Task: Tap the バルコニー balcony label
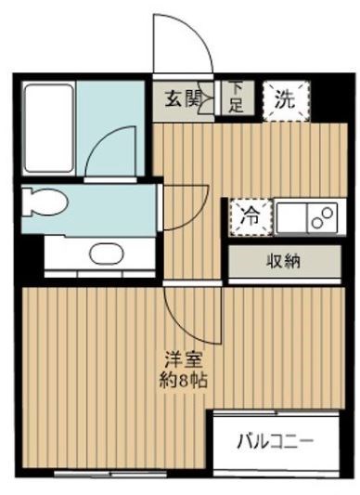[274, 439]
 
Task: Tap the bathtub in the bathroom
[48, 128]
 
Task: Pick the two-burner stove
[320, 219]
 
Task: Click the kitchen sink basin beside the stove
[290, 219]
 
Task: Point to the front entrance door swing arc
[176, 42]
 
